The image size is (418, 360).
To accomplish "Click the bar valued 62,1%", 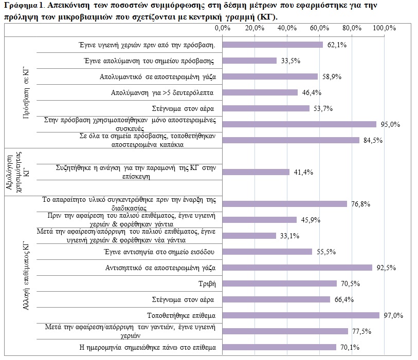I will click(272, 45).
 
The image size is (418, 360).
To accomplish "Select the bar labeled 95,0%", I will click(299, 124).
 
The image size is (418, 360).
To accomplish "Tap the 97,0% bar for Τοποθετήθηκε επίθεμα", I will click(301, 315).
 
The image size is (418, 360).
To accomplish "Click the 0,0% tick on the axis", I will click(223, 28).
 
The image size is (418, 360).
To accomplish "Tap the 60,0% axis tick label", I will click(320, 28).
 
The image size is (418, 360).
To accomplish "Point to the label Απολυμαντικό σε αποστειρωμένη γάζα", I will click(157, 77).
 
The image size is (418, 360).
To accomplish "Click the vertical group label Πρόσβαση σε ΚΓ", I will click(26, 92).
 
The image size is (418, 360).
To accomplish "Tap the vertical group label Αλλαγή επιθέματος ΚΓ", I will click(26, 276).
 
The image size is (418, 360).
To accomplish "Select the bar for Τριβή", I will click(279, 283).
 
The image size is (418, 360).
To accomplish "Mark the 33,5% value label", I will click(290, 61).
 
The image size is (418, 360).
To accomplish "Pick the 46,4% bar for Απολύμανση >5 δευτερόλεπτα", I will click(260, 92).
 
